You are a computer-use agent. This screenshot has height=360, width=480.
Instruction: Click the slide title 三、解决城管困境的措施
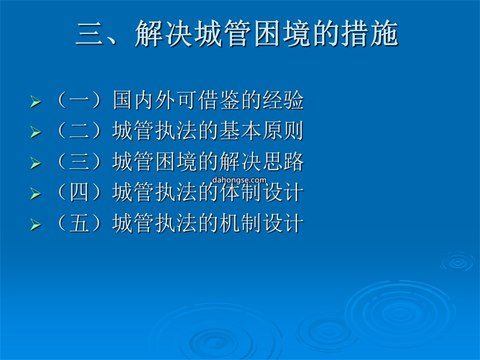[236, 33]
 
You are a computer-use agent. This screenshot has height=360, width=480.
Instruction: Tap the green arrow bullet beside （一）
[36, 102]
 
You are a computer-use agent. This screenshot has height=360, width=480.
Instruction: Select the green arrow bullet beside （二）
[36, 132]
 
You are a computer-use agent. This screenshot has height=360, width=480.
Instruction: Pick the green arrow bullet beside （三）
[36, 163]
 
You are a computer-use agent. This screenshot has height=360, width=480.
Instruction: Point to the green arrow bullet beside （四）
[36, 193]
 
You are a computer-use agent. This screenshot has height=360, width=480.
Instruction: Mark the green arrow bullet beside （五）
[36, 224]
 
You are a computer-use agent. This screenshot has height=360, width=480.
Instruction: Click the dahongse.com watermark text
[239, 180]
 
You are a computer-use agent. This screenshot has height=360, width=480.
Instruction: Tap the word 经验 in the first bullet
[283, 100]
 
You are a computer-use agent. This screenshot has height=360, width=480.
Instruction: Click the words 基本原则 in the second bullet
[261, 130]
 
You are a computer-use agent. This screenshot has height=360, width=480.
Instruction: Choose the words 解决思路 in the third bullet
[261, 161]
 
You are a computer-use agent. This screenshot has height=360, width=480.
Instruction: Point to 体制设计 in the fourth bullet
[261, 192]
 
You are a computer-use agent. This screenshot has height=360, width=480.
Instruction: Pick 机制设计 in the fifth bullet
[261, 223]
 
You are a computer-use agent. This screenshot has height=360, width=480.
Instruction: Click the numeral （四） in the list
[79, 192]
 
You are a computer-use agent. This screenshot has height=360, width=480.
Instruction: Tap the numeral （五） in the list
[79, 223]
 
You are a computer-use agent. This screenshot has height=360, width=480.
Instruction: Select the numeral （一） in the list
[79, 100]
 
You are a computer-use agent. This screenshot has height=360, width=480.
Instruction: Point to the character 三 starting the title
[89, 34]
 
